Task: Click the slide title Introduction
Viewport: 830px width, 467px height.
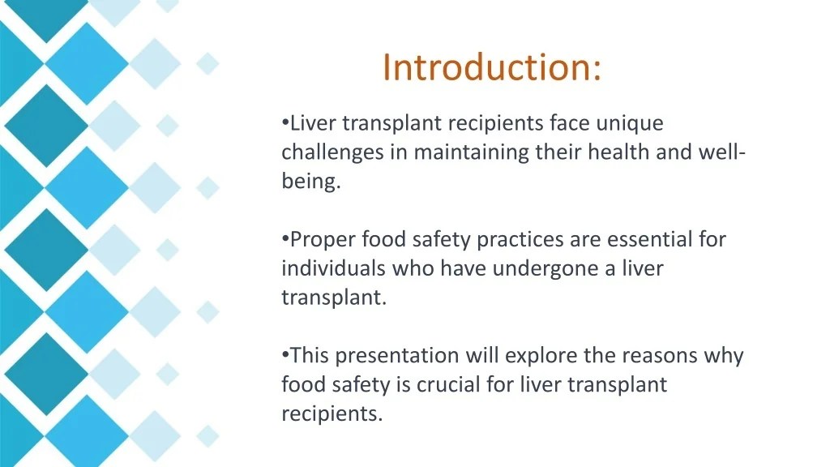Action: click(492, 67)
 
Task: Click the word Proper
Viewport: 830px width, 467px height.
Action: click(323, 240)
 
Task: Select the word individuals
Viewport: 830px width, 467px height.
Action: click(334, 268)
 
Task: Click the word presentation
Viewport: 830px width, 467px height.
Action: click(397, 356)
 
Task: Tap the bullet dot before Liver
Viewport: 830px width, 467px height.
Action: click(285, 122)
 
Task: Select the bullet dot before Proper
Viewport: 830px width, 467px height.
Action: click(285, 239)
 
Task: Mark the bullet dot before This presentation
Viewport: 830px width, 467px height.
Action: click(285, 355)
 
